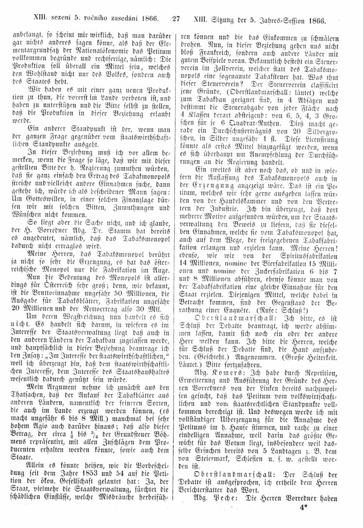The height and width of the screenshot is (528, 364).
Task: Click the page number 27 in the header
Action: tap(176, 20)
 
